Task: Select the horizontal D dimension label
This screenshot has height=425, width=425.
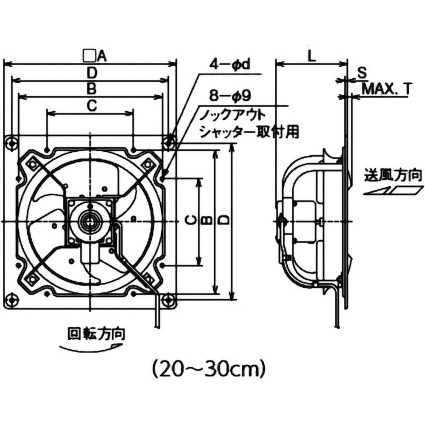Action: click(x=92, y=72)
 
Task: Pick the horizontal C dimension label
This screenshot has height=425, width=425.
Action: click(x=91, y=105)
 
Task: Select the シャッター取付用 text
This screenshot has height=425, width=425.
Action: click(x=249, y=132)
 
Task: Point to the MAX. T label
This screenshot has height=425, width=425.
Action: click(x=386, y=89)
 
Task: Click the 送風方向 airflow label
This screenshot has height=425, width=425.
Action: click(x=394, y=174)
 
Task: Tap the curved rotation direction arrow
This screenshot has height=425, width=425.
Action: click(x=88, y=347)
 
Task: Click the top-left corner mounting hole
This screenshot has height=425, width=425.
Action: click(x=11, y=142)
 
